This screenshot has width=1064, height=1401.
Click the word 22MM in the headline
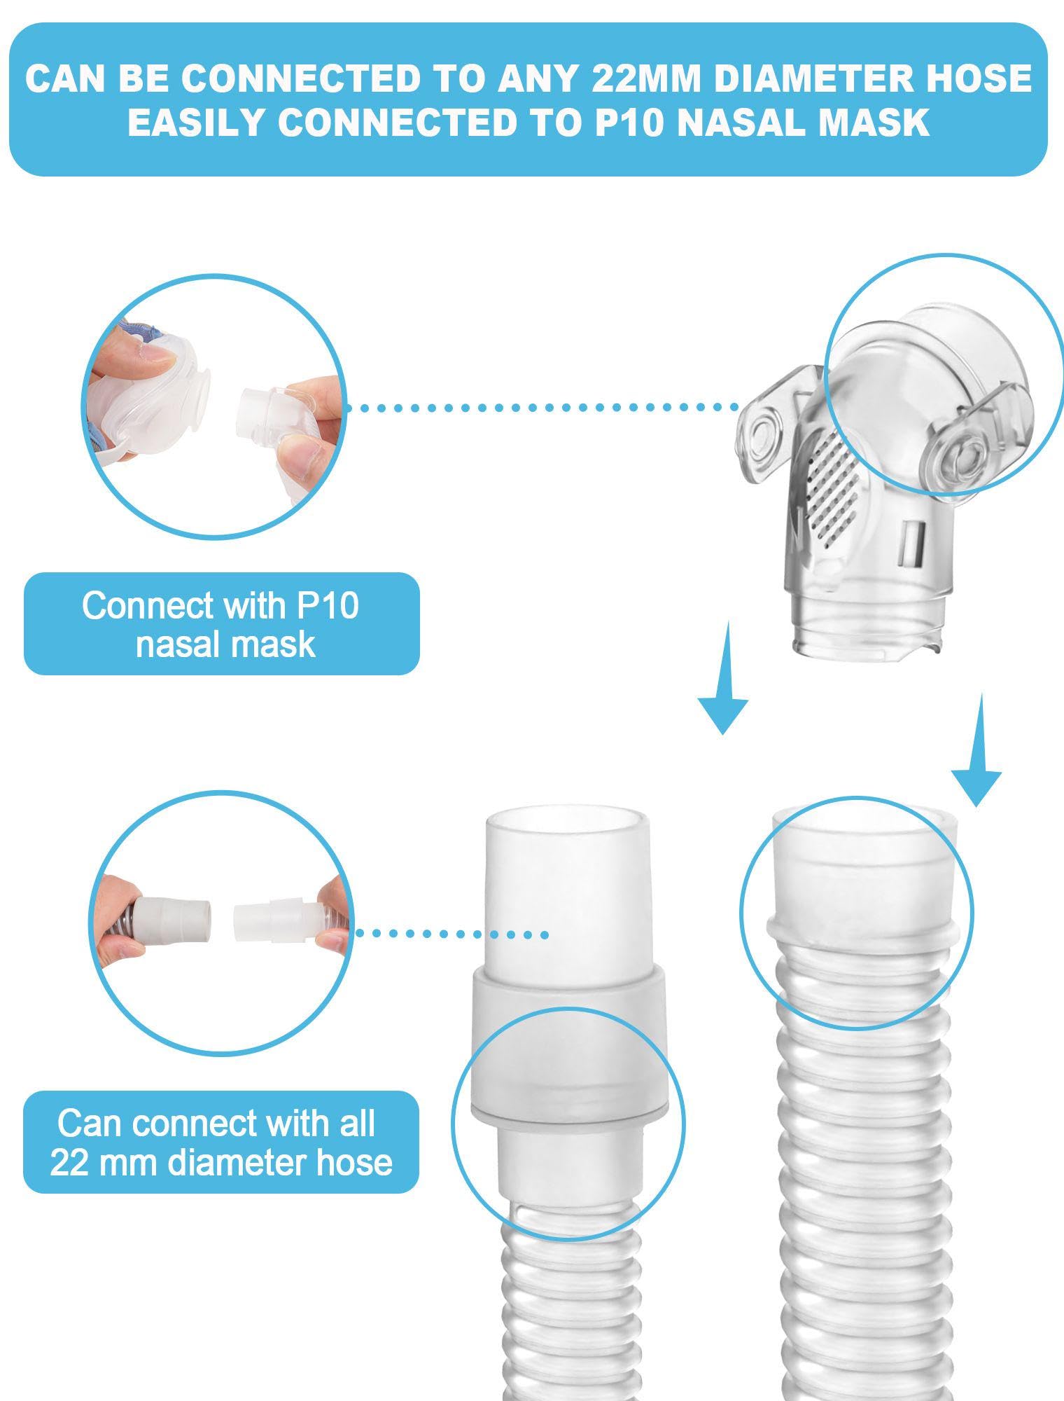[x=645, y=78]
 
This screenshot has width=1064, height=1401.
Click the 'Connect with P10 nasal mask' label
[x=221, y=624]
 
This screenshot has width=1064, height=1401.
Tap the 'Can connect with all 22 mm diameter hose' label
[x=221, y=1143]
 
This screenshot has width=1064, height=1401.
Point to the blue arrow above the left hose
[x=723, y=677]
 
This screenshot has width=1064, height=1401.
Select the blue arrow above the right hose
[x=976, y=750]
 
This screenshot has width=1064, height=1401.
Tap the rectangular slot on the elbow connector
[x=911, y=544]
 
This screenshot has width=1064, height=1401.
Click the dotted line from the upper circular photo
[x=543, y=407]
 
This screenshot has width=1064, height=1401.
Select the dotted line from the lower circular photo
[x=451, y=934]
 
